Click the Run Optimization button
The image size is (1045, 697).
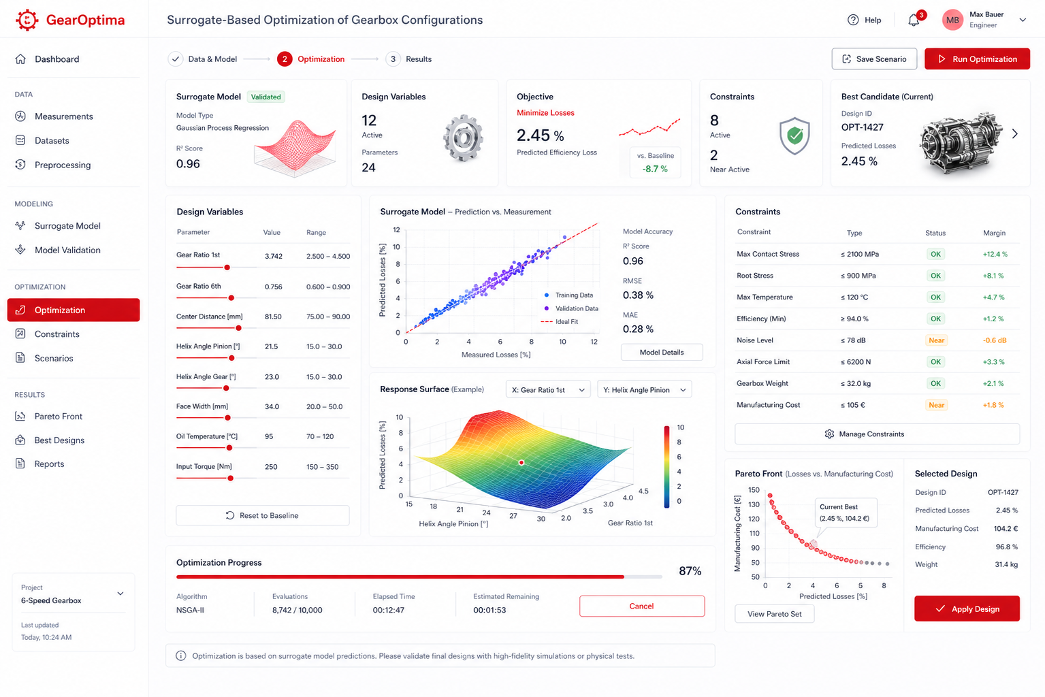[977, 59]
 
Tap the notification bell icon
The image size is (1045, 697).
[914, 20]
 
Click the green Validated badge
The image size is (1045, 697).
[266, 97]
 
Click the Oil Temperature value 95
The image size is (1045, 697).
[269, 437]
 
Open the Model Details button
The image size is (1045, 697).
[662, 352]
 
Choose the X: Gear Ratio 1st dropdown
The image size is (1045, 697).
[548, 389]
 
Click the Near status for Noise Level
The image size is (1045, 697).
[936, 340]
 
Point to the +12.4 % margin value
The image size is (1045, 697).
[995, 255]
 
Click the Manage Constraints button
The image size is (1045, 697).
[877, 434]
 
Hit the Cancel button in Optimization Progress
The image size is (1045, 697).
[642, 606]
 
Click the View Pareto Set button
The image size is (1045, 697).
[775, 614]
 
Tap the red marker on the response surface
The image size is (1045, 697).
[521, 462]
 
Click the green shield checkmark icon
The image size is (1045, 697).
[794, 135]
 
